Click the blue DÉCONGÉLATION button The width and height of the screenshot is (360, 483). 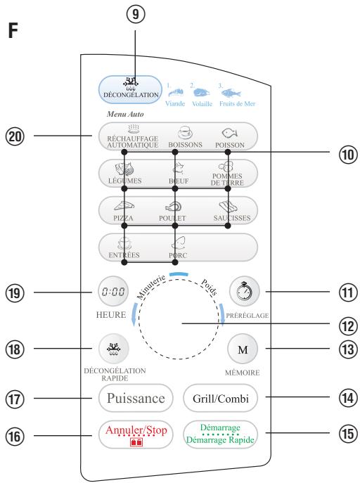click(x=130, y=89)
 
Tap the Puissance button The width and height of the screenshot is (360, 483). click(x=136, y=398)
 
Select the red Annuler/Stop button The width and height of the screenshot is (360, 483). click(x=136, y=434)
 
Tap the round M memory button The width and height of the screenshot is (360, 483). click(x=243, y=349)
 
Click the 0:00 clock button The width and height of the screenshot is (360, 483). click(x=113, y=291)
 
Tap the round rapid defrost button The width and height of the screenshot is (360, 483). click(x=114, y=349)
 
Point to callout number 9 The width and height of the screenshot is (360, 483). click(x=136, y=15)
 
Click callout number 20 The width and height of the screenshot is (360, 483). click(x=15, y=136)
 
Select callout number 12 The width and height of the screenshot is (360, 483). click(x=348, y=326)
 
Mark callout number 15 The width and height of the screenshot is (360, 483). click(x=348, y=433)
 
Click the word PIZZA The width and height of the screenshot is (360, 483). click(x=123, y=218)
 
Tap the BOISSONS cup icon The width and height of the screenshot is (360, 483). click(x=185, y=133)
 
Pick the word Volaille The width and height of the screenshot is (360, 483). click(x=202, y=104)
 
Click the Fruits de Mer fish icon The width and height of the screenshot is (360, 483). click(x=231, y=92)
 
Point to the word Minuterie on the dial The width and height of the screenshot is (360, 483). click(x=151, y=287)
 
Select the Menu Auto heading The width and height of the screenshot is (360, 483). click(x=125, y=115)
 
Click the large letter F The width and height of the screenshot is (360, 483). click(x=13, y=30)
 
